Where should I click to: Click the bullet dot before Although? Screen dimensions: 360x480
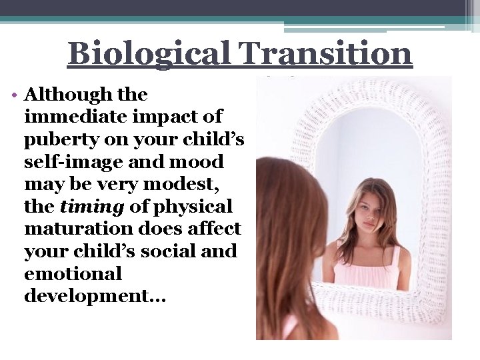(x=14, y=94)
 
